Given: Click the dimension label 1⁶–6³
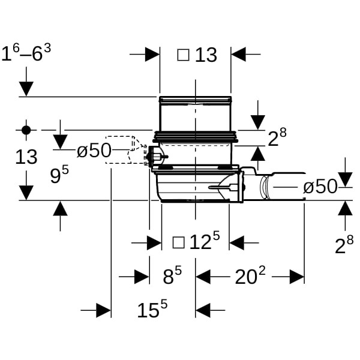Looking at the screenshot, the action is pyautogui.click(x=26, y=53).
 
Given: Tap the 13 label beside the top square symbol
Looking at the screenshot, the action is pyautogui.click(x=206, y=55).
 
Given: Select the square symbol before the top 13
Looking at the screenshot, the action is pyautogui.click(x=183, y=55).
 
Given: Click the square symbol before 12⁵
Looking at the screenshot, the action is pyautogui.click(x=178, y=242).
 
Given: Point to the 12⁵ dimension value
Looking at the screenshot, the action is pyautogui.click(x=205, y=241).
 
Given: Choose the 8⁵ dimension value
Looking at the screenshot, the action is pyautogui.click(x=172, y=275).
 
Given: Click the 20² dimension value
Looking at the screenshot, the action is pyautogui.click(x=250, y=275).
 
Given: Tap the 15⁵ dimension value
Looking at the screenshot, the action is pyautogui.click(x=152, y=308).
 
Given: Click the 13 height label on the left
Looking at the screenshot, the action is pyautogui.click(x=26, y=157).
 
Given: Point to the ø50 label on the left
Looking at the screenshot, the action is pyautogui.click(x=94, y=151).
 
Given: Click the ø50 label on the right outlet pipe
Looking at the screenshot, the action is pyautogui.click(x=320, y=187).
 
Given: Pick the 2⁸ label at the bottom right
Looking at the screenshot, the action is pyautogui.click(x=344, y=245).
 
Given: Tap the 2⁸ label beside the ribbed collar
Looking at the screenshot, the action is pyautogui.click(x=277, y=137).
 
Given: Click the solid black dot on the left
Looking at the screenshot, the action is pyautogui.click(x=26, y=130).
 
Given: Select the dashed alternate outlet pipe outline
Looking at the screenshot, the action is pyautogui.click(x=125, y=150).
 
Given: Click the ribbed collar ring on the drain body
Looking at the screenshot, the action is pyautogui.click(x=196, y=137).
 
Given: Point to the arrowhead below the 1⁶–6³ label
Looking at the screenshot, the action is pyautogui.click(x=26, y=89).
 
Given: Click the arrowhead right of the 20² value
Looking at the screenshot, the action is pyautogui.click(x=297, y=277).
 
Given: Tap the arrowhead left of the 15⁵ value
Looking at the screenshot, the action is pyautogui.click(x=104, y=310).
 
